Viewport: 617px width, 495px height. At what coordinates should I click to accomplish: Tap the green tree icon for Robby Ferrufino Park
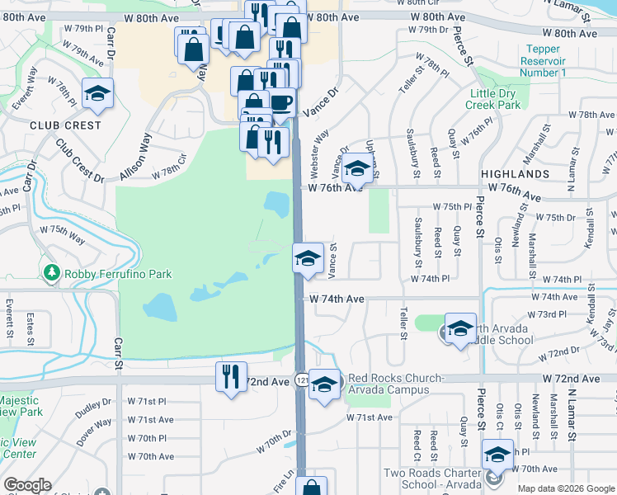[51, 272]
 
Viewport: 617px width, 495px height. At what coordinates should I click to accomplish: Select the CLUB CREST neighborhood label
[65, 125]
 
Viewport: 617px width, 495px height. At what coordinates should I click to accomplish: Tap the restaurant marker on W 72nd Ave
[231, 377]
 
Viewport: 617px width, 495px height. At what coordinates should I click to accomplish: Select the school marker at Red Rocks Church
[325, 383]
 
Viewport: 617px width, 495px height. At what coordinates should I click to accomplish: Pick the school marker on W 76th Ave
[356, 168]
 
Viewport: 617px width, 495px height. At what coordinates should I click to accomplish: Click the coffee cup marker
[280, 101]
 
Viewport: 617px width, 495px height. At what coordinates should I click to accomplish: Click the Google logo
[27, 485]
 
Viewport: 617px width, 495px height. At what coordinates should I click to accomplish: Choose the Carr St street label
[118, 352]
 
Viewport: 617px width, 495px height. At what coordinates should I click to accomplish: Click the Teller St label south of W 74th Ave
[404, 323]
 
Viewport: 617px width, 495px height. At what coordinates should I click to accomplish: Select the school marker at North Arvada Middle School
[460, 328]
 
